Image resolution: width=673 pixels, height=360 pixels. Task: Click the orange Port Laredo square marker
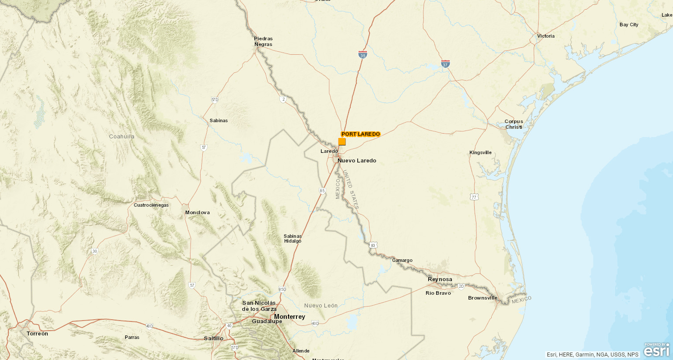click(342, 141)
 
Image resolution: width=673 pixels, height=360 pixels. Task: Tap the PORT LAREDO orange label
click(361, 134)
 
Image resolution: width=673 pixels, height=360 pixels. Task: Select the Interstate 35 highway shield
click(363, 55)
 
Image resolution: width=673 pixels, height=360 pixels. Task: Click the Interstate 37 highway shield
click(445, 64)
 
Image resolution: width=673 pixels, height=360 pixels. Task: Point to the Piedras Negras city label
click(263, 42)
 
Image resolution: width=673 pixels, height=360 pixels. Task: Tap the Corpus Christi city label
click(514, 124)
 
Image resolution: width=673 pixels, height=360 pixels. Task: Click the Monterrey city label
click(289, 317)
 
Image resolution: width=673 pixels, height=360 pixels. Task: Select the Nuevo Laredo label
click(357, 161)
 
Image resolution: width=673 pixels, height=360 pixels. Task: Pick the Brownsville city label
click(483, 298)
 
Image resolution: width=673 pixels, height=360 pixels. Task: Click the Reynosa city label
click(440, 279)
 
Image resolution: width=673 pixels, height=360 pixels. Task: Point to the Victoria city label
click(546, 36)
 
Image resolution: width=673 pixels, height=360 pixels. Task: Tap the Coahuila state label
click(122, 137)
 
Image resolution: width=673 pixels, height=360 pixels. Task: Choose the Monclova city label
click(197, 212)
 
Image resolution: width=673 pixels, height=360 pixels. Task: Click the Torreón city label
click(37, 334)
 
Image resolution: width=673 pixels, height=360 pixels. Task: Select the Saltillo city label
click(214, 338)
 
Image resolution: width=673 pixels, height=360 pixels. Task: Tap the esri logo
click(656, 350)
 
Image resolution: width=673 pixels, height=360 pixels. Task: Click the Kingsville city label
click(480, 152)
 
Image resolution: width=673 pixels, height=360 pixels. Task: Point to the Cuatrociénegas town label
click(151, 205)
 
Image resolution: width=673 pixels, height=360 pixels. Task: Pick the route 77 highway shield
click(474, 197)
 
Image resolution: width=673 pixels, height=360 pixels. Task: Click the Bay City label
click(629, 25)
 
